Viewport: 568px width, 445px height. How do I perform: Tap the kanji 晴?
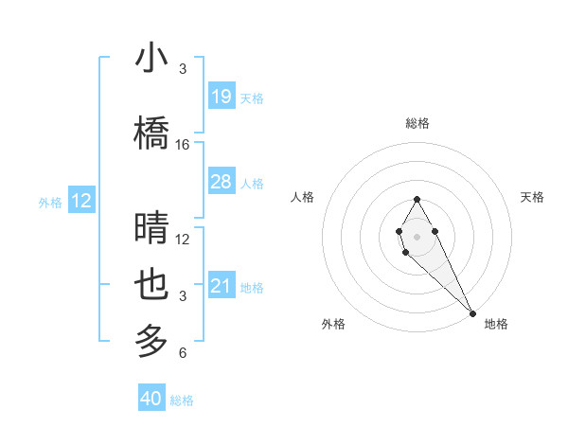[151, 228]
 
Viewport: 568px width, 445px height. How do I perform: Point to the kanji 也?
[151, 285]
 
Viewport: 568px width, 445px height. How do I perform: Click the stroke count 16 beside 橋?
[183, 145]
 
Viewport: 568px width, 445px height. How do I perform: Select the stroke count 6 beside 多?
[183, 353]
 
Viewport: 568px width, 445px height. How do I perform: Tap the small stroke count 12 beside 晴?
[183, 240]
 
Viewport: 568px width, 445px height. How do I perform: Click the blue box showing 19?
[221, 96]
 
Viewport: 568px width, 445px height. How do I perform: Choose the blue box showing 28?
[221, 181]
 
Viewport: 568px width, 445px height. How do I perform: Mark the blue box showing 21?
[221, 285]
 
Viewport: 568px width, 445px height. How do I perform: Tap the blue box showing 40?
[151, 399]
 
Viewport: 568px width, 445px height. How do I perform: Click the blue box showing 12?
[81, 201]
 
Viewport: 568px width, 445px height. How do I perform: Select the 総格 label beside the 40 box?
[182, 400]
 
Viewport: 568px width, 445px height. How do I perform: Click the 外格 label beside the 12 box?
[50, 202]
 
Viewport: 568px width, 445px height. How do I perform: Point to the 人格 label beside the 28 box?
[252, 183]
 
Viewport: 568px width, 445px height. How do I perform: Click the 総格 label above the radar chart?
[417, 123]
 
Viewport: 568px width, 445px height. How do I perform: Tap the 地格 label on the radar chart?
[496, 324]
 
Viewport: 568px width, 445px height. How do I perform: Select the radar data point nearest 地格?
[471, 311]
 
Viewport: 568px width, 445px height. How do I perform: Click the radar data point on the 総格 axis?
[417, 199]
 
